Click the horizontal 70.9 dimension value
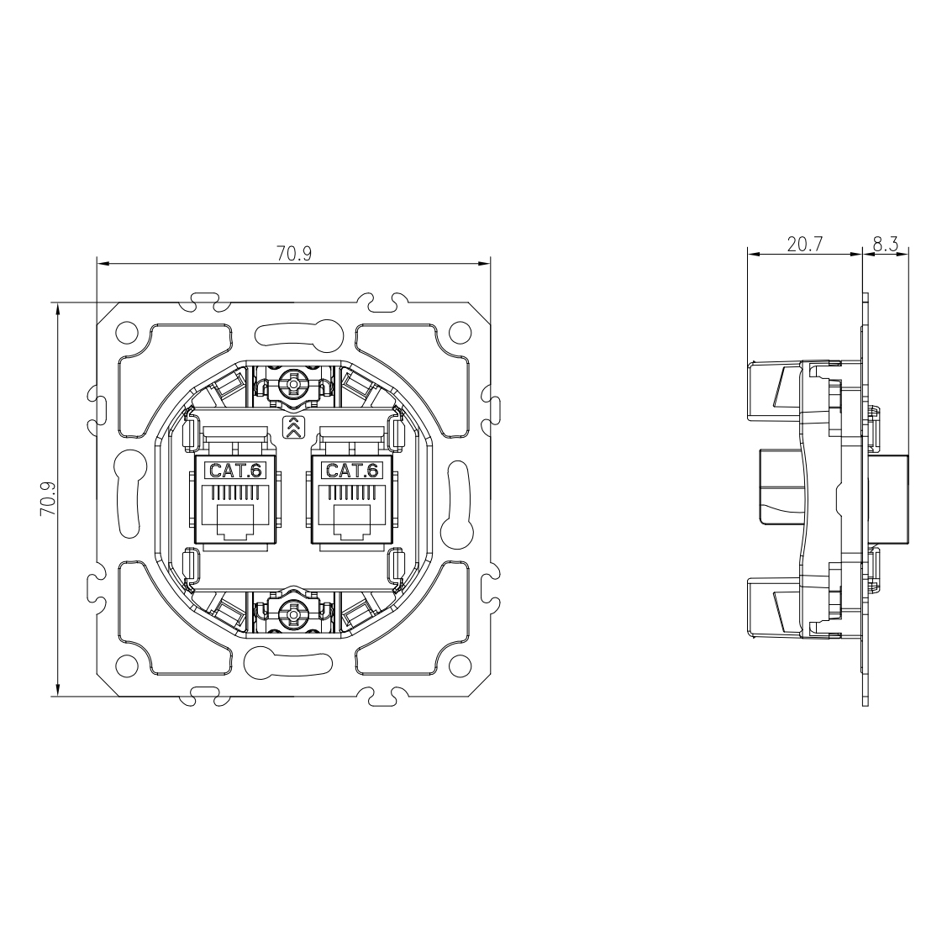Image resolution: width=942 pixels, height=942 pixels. pyautogui.click(x=294, y=254)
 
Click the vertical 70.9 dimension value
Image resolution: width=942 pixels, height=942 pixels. pyautogui.click(x=47, y=498)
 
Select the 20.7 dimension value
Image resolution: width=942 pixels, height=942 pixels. pyautogui.click(x=804, y=244)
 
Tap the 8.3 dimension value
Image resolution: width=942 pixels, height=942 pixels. pyautogui.click(x=886, y=244)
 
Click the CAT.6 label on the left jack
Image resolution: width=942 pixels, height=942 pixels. pyautogui.click(x=235, y=470)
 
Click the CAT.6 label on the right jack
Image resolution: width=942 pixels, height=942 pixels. pyautogui.click(x=352, y=470)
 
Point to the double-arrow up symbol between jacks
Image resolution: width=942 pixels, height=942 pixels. pyautogui.click(x=293, y=426)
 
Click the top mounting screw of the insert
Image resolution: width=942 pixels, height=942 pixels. pyautogui.click(x=293, y=382)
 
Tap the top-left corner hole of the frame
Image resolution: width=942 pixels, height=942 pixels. pyautogui.click(x=127, y=332)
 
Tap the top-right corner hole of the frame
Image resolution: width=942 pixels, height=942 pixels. pyautogui.click(x=460, y=332)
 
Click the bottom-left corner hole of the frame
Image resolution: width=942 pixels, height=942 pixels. pyautogui.click(x=127, y=665)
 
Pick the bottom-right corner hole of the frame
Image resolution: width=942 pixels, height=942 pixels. pyautogui.click(x=460, y=665)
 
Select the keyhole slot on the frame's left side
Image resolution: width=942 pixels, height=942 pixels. pyautogui.click(x=129, y=498)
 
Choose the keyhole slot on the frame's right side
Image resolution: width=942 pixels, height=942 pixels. pyautogui.click(x=457, y=498)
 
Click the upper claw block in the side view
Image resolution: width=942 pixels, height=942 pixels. pyautogui.click(x=775, y=389)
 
